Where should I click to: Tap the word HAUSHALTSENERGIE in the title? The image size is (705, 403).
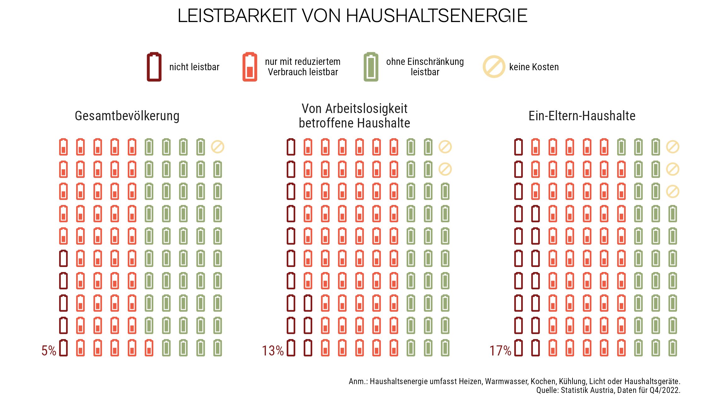pyautogui.click(x=437, y=16)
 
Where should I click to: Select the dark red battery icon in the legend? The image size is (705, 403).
pyautogui.click(x=154, y=67)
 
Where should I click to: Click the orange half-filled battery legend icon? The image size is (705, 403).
pyautogui.click(x=250, y=67)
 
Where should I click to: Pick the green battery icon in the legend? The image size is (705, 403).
pyautogui.click(x=371, y=67)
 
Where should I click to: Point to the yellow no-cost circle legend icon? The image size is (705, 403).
pyautogui.click(x=494, y=67)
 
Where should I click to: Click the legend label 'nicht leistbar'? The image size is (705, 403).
pyautogui.click(x=194, y=67)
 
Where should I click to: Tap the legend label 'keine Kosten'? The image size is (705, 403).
pyautogui.click(x=534, y=67)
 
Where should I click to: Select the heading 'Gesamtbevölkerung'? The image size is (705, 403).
pyautogui.click(x=127, y=116)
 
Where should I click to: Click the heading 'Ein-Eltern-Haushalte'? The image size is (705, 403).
pyautogui.click(x=582, y=116)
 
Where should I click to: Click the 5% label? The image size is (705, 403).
pyautogui.click(x=49, y=350)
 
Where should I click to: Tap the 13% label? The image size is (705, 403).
pyautogui.click(x=273, y=350)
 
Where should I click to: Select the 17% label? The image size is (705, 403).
pyautogui.click(x=500, y=350)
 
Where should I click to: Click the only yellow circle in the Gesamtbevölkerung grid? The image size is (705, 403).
pyautogui.click(x=217, y=147)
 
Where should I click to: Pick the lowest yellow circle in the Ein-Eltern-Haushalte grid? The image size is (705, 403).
pyautogui.click(x=673, y=191)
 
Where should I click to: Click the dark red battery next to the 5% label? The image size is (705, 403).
pyautogui.click(x=64, y=348)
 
